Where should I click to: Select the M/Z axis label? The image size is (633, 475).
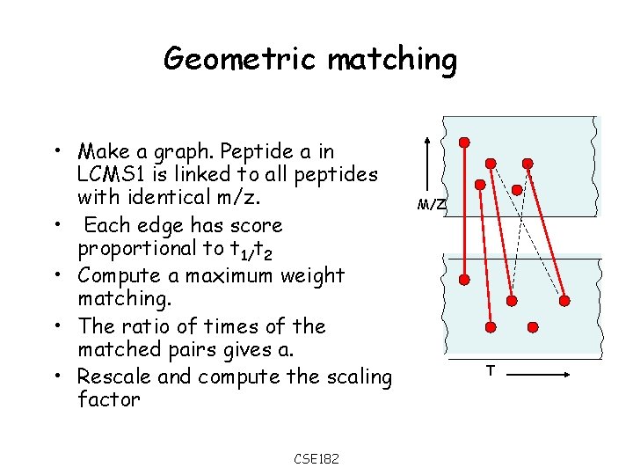pos(431,205)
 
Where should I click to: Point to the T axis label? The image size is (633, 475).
pos(491,371)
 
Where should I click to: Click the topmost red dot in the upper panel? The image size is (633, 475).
pos(464,142)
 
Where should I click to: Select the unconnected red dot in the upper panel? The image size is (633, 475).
pos(480,186)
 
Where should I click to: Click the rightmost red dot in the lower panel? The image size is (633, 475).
pos(564,300)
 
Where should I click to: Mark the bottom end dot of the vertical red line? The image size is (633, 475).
pos(465,280)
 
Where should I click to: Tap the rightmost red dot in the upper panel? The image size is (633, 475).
pos(527,164)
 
